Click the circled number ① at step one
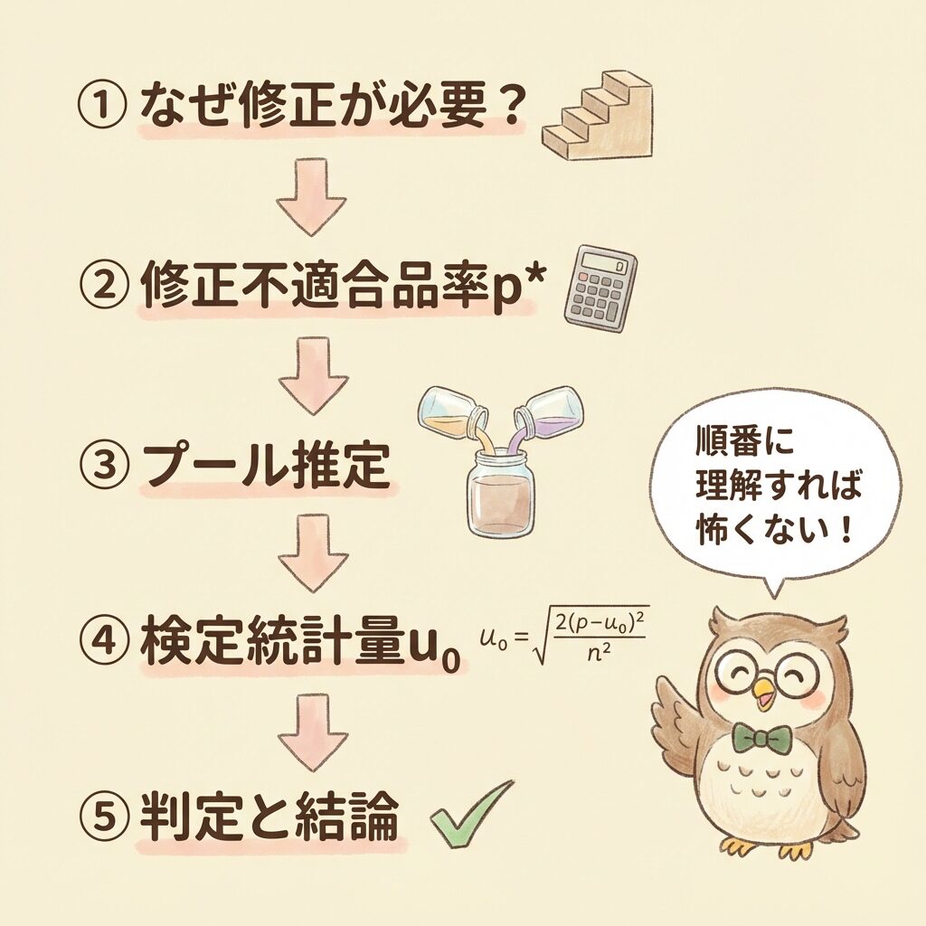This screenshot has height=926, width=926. pyautogui.click(x=101, y=107)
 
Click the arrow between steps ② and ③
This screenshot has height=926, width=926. pyautogui.click(x=313, y=375)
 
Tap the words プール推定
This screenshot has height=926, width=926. pyautogui.click(x=266, y=465)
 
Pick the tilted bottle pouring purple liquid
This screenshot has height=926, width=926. pyautogui.click(x=547, y=412)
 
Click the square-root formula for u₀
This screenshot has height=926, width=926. pyautogui.click(x=564, y=636)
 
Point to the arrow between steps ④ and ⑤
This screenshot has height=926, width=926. pyautogui.click(x=313, y=732)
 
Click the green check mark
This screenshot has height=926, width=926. pyautogui.click(x=470, y=813)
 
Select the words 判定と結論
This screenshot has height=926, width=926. pyautogui.click(x=269, y=817)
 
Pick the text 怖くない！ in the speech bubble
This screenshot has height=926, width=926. pyautogui.click(x=775, y=529)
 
